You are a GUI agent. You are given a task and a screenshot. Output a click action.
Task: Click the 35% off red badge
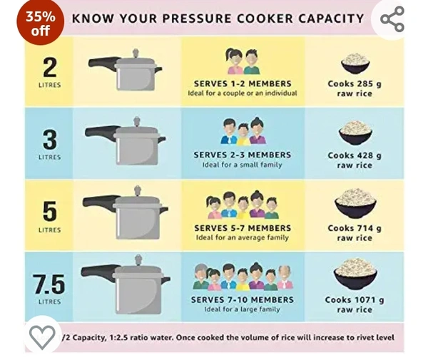point(40,22)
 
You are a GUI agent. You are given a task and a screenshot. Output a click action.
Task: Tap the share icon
point(392,19)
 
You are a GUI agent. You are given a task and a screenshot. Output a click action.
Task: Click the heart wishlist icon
point(42,337)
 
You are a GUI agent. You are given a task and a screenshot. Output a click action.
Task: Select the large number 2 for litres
point(50,67)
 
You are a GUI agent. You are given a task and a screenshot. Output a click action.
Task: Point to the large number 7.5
point(49,284)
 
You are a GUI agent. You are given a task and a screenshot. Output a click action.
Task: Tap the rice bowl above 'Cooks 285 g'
point(355,63)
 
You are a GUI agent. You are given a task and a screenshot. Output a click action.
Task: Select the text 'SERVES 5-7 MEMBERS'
point(243,228)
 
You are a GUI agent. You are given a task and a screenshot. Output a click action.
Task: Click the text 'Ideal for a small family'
point(242,165)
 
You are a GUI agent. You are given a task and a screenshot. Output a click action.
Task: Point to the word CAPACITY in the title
point(331,19)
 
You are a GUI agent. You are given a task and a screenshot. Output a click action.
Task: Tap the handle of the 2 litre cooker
point(103,63)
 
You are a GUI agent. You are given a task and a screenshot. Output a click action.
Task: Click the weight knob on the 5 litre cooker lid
point(138,190)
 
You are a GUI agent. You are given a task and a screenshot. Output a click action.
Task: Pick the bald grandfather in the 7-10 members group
point(285,277)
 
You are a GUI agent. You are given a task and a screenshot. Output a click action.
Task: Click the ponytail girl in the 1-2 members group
point(234,61)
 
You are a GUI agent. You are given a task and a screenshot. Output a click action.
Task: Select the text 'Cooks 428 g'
point(355,155)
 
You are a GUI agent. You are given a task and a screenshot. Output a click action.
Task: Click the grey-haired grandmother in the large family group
point(201,277)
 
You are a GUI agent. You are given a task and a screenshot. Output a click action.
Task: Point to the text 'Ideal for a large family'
point(242,309)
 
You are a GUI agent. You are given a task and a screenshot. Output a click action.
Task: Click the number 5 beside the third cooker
point(50,211)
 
